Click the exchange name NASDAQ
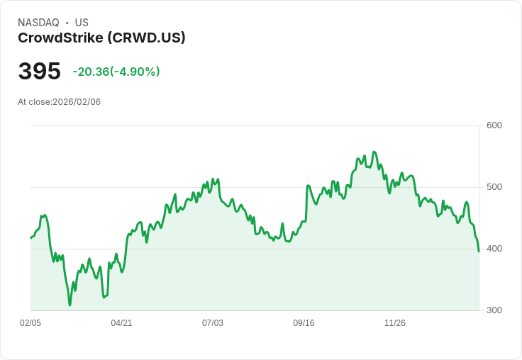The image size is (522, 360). click(38, 23)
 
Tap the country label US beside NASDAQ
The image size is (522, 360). click(82, 23)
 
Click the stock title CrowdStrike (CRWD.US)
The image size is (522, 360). click(101, 38)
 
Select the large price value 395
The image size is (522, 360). click(40, 72)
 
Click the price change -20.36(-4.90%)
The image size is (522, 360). click(116, 72)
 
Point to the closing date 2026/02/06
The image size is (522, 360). click(77, 102)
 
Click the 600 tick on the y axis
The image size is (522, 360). click(494, 125)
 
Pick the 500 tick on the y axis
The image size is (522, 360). click(494, 187)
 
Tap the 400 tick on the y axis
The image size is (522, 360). click(494, 249)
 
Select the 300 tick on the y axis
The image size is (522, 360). click(494, 310)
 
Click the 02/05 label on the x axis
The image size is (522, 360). click(30, 323)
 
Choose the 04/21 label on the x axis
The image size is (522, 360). click(121, 323)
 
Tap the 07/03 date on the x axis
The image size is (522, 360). click(213, 323)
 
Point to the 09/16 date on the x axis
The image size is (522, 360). click(304, 323)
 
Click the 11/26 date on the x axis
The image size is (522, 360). click(395, 323)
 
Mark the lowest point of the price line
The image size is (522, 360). click(70, 305)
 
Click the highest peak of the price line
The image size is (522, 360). click(374, 152)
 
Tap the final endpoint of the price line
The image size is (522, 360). click(479, 252)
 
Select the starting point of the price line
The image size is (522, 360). click(30, 238)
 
